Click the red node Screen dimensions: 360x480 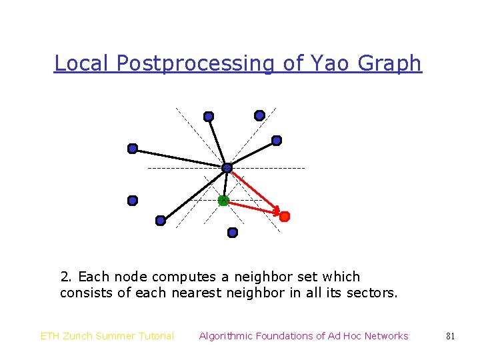284,217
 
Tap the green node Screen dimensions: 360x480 223,200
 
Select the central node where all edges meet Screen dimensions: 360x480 227,167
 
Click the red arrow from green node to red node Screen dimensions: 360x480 253,208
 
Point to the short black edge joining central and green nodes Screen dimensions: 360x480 225,184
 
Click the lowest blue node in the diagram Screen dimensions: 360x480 232,233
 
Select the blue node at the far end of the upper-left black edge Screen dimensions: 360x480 133,148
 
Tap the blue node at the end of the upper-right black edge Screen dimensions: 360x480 277,141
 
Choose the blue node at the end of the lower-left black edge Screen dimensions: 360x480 160,221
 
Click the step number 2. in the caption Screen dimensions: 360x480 67,277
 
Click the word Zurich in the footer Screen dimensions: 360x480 82,336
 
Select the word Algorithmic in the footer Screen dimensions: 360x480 227,336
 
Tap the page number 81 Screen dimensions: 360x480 450,336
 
